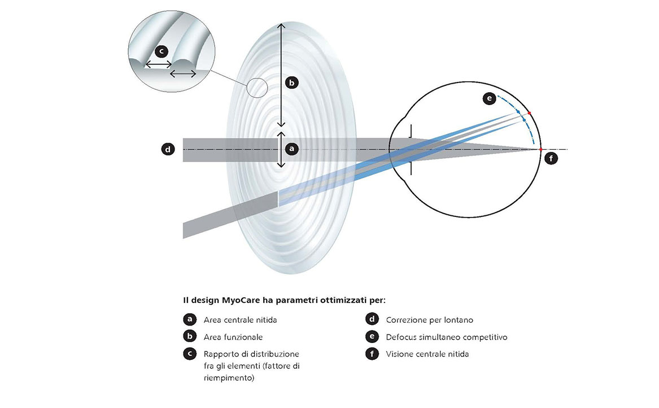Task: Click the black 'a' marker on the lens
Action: (291, 149)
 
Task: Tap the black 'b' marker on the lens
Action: (291, 83)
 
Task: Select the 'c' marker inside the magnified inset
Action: (161, 51)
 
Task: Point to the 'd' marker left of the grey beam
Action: (167, 150)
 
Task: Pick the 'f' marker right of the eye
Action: (552, 159)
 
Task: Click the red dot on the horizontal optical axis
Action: (540, 149)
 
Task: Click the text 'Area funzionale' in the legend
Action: (233, 337)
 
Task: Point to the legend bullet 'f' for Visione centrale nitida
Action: (372, 354)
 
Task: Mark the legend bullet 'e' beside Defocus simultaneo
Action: (372, 337)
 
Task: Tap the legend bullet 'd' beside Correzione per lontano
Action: (372, 320)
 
